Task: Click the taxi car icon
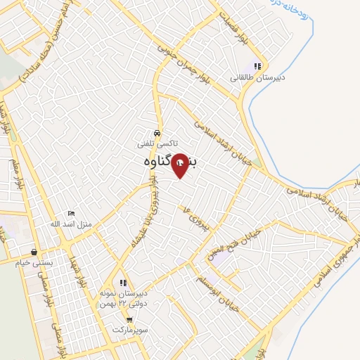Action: (x=156, y=133)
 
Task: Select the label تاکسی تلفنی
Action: (x=156, y=143)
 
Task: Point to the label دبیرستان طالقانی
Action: (x=258, y=77)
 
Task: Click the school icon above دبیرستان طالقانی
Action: (x=259, y=67)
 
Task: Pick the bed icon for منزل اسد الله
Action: (x=70, y=213)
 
